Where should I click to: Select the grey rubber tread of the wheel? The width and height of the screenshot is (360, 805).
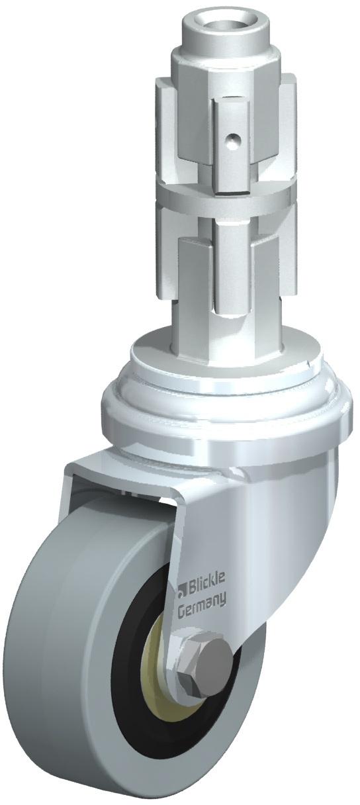click(54, 665)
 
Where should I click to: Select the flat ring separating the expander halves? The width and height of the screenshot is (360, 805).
click(226, 197)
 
